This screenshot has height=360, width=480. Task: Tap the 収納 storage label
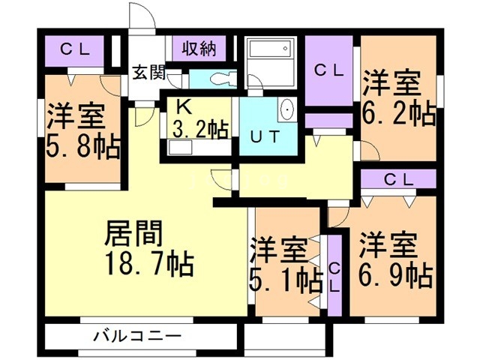(x=198, y=49)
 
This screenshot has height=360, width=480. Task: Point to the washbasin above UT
(x=286, y=111)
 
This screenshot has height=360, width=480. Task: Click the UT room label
(x=265, y=137)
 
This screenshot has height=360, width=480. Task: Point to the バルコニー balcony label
(x=137, y=335)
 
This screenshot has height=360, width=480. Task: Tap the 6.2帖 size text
(x=399, y=114)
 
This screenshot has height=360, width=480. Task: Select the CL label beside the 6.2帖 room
(x=328, y=72)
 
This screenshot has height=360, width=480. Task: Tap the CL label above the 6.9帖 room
(x=398, y=179)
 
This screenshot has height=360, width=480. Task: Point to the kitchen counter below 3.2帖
(x=196, y=148)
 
